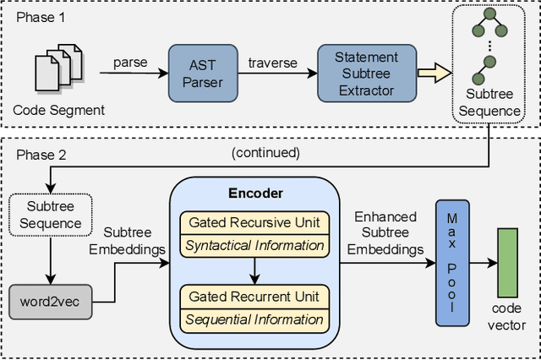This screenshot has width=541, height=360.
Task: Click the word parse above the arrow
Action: [x=129, y=62]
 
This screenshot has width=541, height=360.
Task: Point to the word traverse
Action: [x=272, y=62]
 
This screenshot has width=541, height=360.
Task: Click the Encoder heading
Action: [x=255, y=192]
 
